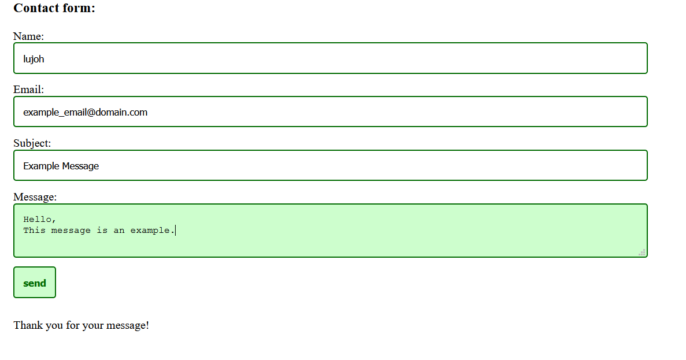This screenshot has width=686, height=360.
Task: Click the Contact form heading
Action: coord(54,8)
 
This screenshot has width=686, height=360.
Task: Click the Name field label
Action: coord(28,36)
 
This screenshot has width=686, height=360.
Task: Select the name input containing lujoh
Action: coord(330,58)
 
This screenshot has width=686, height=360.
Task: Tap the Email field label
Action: coord(28,90)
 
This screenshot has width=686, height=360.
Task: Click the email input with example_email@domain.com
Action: coord(330,112)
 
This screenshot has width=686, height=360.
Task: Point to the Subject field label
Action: coord(32,143)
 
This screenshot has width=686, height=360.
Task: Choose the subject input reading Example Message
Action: coord(330,166)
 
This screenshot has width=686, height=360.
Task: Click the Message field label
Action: coord(35,197)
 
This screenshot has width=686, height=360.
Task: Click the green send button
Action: coord(35,283)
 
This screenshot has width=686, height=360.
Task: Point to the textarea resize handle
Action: coord(642,252)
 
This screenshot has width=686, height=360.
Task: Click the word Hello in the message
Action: coord(38,220)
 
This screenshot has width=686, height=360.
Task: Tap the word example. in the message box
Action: coord(151,231)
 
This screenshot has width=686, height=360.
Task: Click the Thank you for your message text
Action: coord(81,325)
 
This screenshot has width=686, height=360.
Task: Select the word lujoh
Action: coord(34,59)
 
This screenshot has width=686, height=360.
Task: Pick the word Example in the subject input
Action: coord(41,166)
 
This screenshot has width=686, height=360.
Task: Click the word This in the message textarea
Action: coord(34,231)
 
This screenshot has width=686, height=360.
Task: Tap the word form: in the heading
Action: coord(80,8)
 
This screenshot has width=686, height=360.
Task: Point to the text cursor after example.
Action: coord(175,231)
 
